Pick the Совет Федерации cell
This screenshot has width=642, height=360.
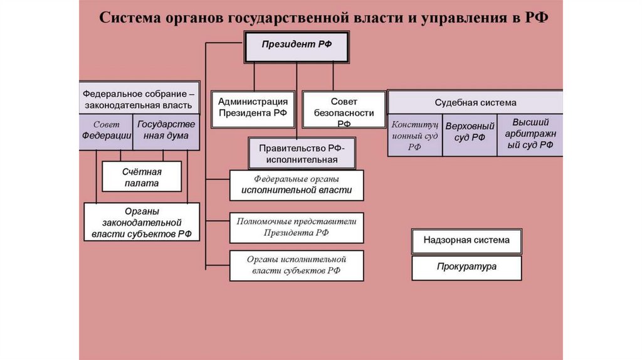pos(106,131)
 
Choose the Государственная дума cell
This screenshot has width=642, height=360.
pos(166,131)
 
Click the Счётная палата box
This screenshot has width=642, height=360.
pos(141,177)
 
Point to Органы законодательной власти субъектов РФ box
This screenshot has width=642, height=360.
pos(141,223)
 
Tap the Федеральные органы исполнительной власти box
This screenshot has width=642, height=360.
pos(296,185)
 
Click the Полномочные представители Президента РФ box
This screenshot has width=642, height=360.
pos(296,227)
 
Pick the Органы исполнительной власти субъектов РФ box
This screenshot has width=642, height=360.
pos(296,265)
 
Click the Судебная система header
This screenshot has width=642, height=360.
pos(475,102)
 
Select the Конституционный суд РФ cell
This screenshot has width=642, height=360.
pos(414,135)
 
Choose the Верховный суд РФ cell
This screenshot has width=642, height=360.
pos(469,135)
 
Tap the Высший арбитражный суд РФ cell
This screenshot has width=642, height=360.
pos(530,134)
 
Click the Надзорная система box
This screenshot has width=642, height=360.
pos(466,240)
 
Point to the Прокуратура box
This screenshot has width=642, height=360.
pos(466,267)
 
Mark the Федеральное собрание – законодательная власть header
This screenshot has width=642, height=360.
pos(139,97)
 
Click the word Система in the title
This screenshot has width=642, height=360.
pos(128,18)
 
